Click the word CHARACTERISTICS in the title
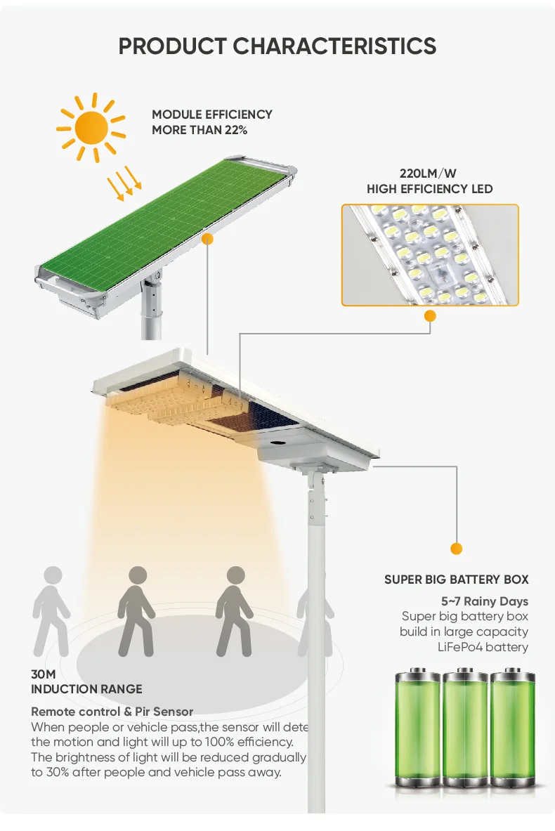334,46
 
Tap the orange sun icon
91,127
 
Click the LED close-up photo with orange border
430,255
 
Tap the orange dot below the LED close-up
430,317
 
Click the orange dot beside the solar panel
207,239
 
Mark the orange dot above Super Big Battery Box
457,548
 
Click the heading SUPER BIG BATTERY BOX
456,580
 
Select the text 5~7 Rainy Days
484,601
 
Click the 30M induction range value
43,674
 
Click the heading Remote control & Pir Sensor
112,712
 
